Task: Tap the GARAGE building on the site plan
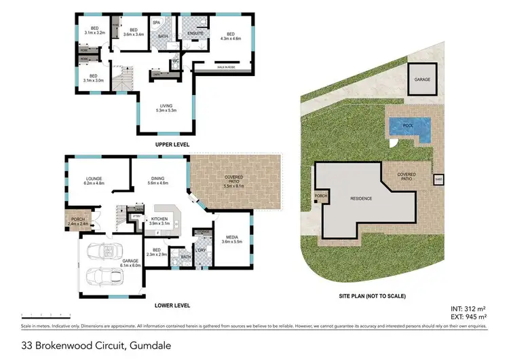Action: (x=421, y=79)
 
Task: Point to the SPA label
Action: (x=156, y=22)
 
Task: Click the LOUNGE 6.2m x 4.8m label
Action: (x=93, y=181)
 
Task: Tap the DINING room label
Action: (x=158, y=181)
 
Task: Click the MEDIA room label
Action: (x=233, y=239)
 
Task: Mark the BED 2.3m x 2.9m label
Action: (x=156, y=254)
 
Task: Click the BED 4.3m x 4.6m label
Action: (x=231, y=37)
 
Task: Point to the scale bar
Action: (x=46, y=314)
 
